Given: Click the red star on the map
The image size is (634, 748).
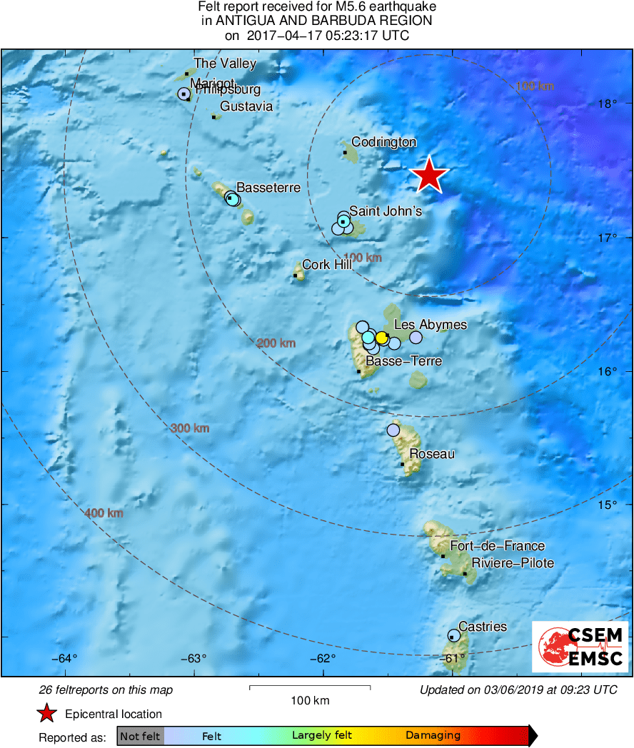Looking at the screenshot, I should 429,175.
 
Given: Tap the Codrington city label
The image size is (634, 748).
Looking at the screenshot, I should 384,142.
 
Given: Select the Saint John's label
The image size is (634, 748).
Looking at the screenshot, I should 386,211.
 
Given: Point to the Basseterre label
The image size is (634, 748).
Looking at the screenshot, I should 268,188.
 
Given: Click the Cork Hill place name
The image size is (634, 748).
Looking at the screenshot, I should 327,265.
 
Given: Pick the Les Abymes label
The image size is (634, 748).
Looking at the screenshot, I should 431,325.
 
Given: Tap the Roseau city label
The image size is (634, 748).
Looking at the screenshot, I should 432,454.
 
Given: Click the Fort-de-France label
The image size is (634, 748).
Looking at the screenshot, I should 488,546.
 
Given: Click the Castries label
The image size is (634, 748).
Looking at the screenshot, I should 483,627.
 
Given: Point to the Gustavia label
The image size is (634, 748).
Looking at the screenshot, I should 246,106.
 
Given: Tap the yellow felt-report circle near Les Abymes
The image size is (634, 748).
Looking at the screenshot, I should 382,338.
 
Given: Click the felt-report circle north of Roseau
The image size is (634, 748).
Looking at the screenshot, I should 393,430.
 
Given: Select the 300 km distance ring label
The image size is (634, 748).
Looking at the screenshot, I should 190,428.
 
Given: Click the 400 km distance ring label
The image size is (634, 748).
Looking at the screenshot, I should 104,513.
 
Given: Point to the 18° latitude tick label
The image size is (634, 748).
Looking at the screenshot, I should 608,104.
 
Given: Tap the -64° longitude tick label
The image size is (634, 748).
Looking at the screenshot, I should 66,658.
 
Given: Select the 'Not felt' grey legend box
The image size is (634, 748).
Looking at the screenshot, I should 141,736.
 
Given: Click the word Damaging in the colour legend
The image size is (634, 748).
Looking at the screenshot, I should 433,736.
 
